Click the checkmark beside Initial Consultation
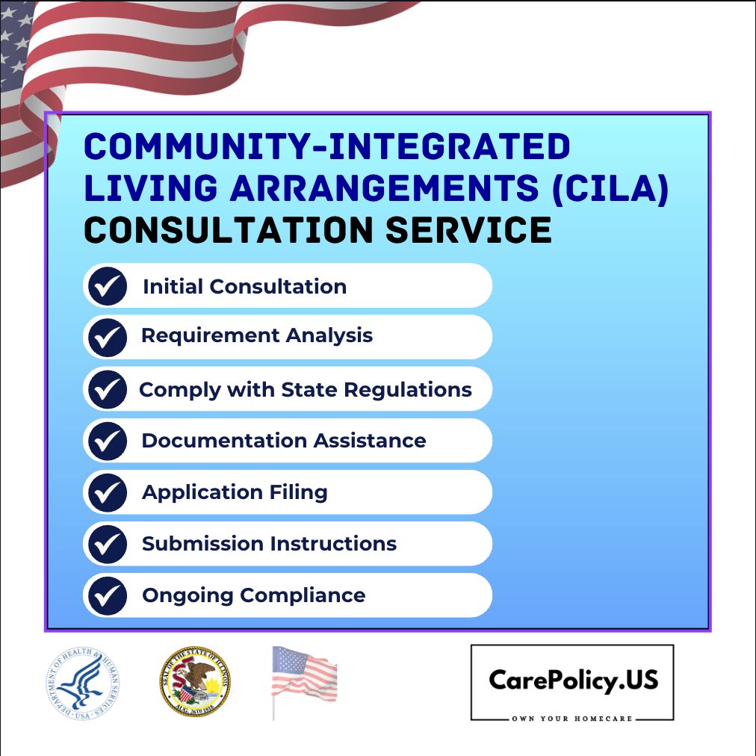[x=108, y=287]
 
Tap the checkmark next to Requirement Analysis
[x=108, y=338]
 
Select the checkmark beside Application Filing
[x=108, y=492]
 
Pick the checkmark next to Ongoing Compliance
[x=108, y=596]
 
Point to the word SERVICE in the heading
[x=469, y=229]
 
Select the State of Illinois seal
[x=195, y=682]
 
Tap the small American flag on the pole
[x=303, y=676]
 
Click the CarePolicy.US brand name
[x=573, y=680]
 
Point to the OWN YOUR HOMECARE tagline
[x=572, y=719]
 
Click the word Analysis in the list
[x=332, y=335]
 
